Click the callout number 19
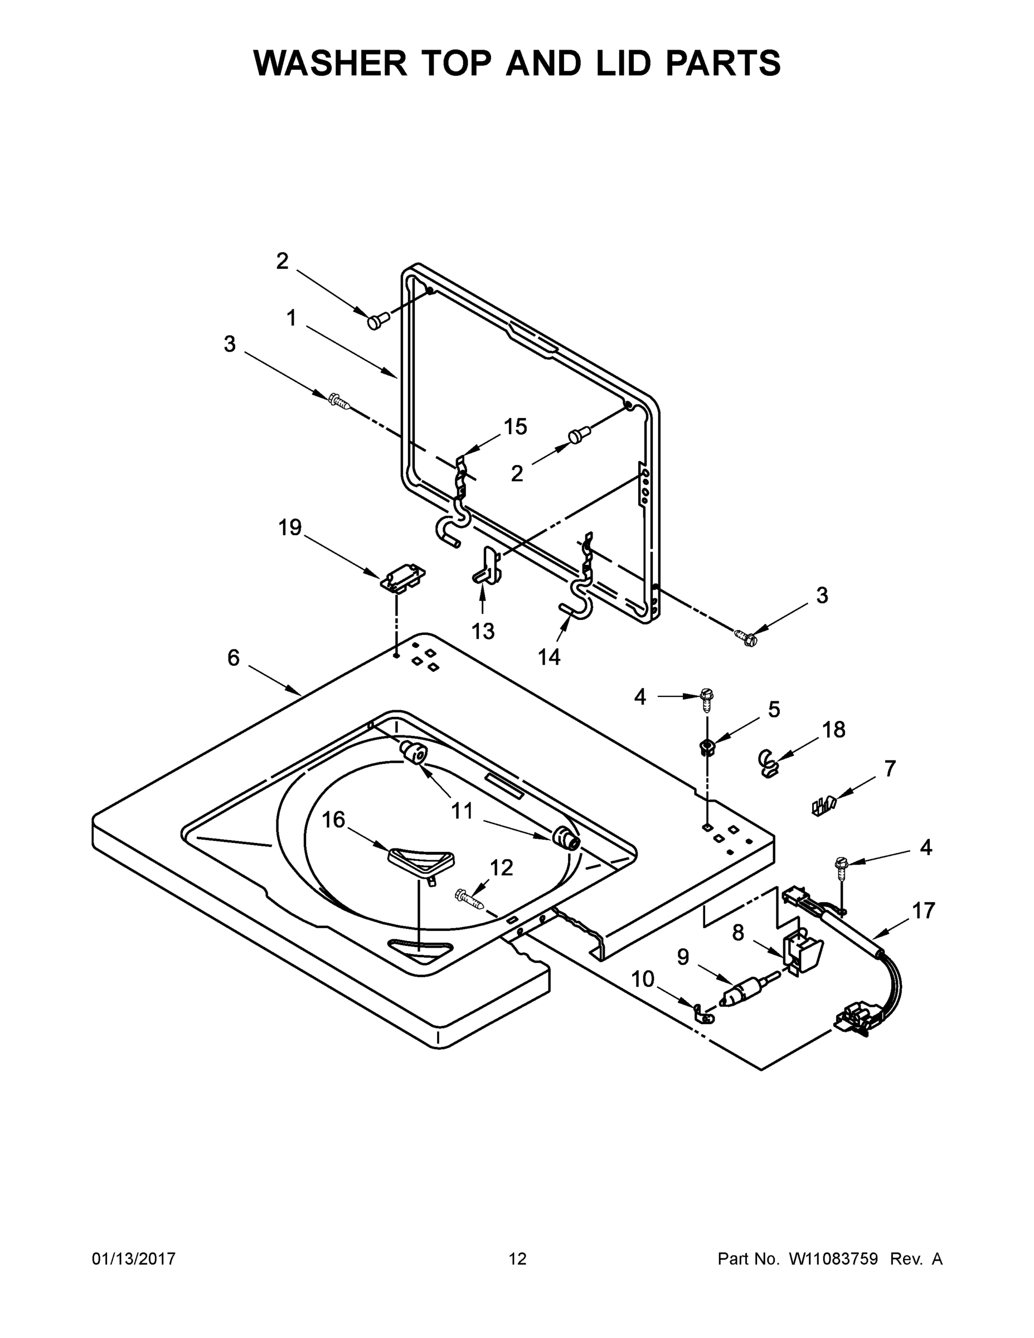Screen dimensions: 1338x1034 pos(290,527)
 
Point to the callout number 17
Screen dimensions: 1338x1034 pos(924,911)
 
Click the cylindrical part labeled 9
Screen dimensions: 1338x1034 pos(741,992)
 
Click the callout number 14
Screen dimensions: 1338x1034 pos(549,657)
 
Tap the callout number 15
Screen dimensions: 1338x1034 pos(515,427)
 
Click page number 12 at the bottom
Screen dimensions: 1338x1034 pos(517,1259)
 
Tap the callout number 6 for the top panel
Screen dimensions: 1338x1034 pos(234,658)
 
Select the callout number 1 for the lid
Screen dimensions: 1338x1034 pos(292,318)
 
